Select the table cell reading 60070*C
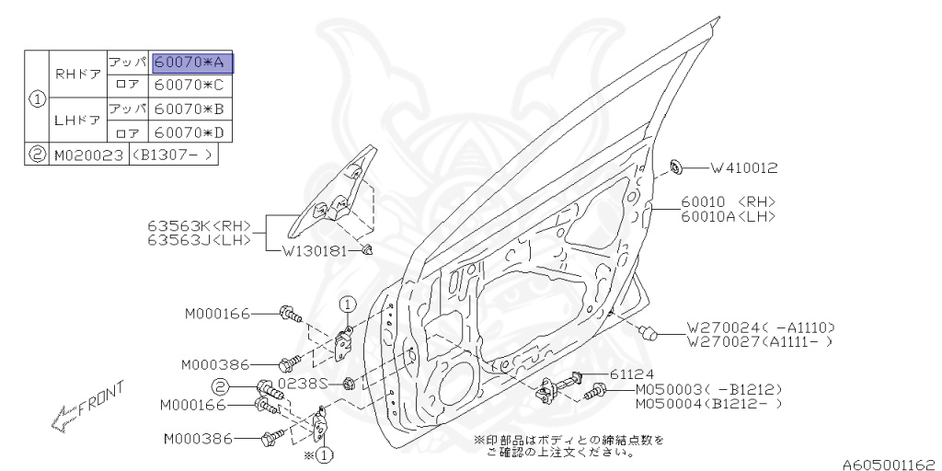click(190, 84)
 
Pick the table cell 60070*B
click(190, 109)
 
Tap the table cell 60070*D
click(190, 132)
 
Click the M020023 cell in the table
click(89, 155)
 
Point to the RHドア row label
click(77, 74)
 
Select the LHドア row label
click(77, 120)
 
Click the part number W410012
click(744, 168)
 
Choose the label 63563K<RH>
click(199, 226)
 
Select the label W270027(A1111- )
click(761, 342)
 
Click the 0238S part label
click(304, 383)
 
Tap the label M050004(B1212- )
click(709, 404)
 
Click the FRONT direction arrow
click(87, 407)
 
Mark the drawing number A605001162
click(890, 465)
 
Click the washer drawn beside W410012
click(676, 167)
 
